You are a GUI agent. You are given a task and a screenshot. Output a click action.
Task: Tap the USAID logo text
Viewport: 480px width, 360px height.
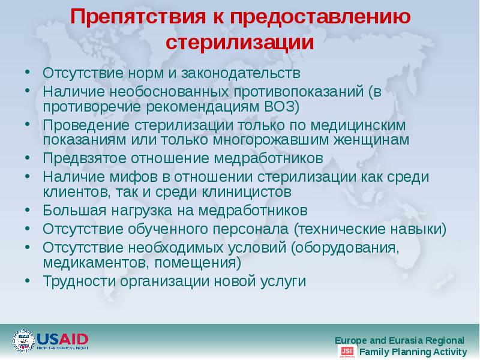tap(62, 338)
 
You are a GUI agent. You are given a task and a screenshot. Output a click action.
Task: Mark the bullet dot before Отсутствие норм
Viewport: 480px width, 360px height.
tap(28, 73)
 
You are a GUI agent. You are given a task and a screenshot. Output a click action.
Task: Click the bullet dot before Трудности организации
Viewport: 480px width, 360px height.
tap(28, 280)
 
